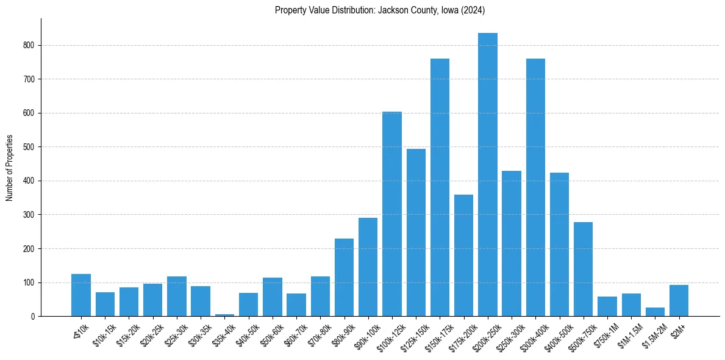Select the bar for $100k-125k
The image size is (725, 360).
tap(392, 214)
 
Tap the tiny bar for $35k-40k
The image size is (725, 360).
tap(225, 315)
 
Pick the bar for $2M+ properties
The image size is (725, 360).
tap(679, 301)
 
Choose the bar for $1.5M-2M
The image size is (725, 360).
tap(655, 312)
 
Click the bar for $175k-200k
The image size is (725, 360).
tap(463, 256)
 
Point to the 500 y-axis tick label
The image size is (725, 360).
tap(29, 147)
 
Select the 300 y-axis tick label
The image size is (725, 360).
tap(29, 215)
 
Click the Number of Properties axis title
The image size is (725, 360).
tap(10, 168)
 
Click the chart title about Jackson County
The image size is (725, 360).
tap(379, 10)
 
